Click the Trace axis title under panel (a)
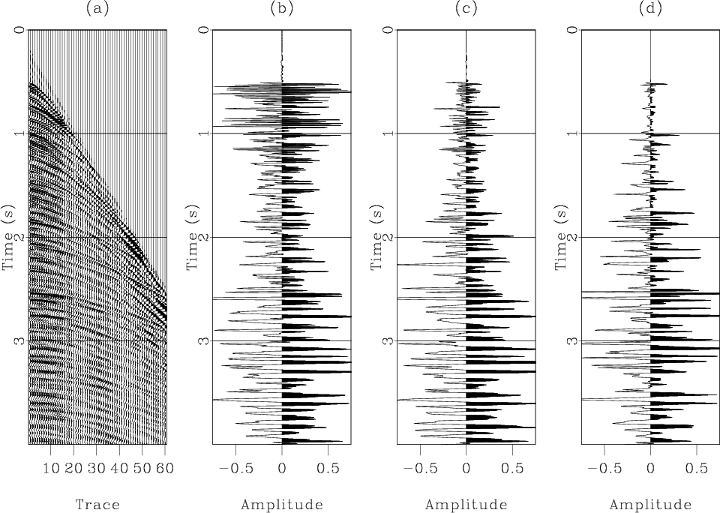97,505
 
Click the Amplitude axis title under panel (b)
282,505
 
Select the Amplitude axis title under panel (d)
650,505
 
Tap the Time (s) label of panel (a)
9,237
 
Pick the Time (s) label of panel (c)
378,237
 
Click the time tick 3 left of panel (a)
19,340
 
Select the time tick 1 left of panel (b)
203,133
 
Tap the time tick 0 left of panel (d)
571,30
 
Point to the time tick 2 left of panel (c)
388,237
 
